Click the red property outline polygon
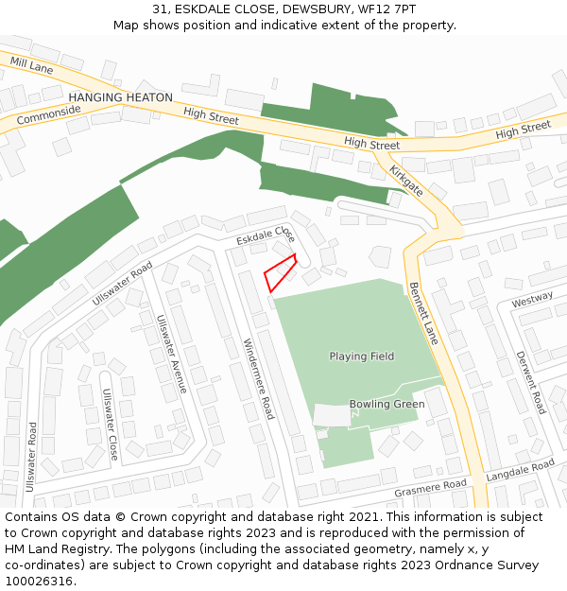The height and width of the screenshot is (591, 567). point(280,272)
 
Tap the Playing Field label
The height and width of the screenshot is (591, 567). point(362,356)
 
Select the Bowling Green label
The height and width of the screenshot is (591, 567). point(387,404)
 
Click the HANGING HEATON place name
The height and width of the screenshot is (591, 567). point(121,97)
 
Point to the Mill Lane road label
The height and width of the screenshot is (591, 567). point(31,65)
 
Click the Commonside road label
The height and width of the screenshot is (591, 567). point(48,118)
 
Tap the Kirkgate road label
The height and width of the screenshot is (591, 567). point(406,179)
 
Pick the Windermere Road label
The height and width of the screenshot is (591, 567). point(258,378)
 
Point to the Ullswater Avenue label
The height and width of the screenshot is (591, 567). point(172,354)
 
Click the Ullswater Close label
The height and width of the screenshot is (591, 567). point(111,425)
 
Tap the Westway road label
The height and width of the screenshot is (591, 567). point(532,300)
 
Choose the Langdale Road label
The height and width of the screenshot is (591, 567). point(520,471)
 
